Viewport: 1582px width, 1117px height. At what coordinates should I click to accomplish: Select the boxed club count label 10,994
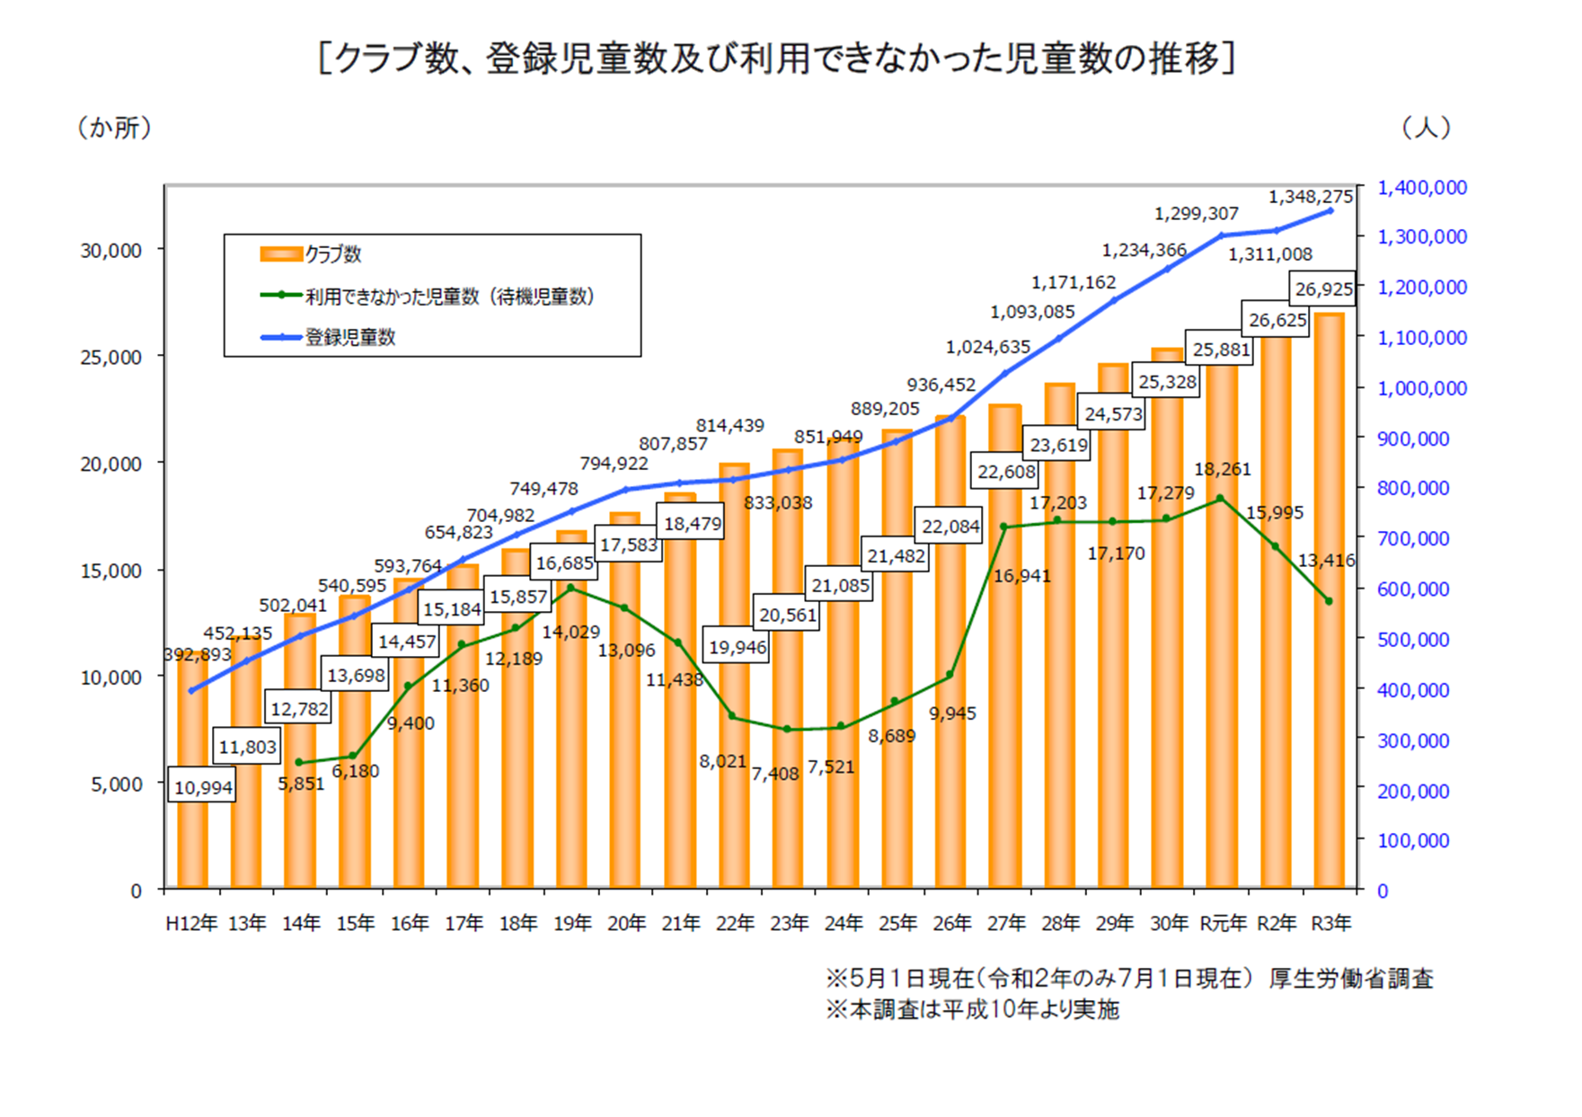(202, 787)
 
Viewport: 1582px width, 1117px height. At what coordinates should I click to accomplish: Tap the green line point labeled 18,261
(1220, 498)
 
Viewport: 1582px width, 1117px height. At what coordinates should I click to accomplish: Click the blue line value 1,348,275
(1310, 196)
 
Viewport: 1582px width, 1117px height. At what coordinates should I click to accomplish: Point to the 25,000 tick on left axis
(111, 357)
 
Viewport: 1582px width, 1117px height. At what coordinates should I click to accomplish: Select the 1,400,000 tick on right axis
(1421, 187)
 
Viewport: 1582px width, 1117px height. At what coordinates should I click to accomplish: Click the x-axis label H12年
(191, 923)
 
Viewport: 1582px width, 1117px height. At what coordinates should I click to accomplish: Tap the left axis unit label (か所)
(114, 128)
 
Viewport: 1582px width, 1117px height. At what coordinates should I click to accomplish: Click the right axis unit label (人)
(1426, 128)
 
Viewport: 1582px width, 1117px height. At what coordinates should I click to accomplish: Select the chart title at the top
(778, 58)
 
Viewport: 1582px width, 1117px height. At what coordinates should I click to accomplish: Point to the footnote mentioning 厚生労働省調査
(1129, 978)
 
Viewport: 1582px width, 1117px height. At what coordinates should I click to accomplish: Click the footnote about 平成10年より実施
(972, 1009)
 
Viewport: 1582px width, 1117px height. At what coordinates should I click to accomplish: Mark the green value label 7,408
(774, 773)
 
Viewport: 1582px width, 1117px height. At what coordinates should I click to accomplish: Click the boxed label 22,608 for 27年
(1005, 472)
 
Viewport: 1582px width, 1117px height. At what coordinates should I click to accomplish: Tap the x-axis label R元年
(1223, 923)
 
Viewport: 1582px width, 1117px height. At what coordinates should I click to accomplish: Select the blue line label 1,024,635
(987, 347)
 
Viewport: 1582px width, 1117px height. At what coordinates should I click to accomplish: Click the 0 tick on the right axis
(1383, 891)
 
